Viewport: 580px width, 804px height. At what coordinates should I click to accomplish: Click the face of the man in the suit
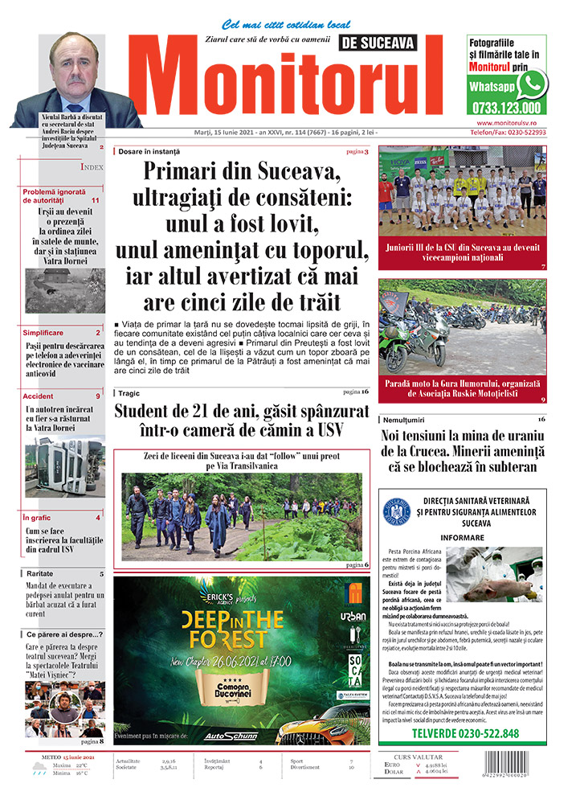coord(73,64)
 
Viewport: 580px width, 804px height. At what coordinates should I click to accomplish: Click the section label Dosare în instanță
coord(149,151)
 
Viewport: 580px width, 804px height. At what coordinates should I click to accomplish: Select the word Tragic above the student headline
coord(129,392)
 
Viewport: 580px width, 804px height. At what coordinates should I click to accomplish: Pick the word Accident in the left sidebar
coord(39,396)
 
